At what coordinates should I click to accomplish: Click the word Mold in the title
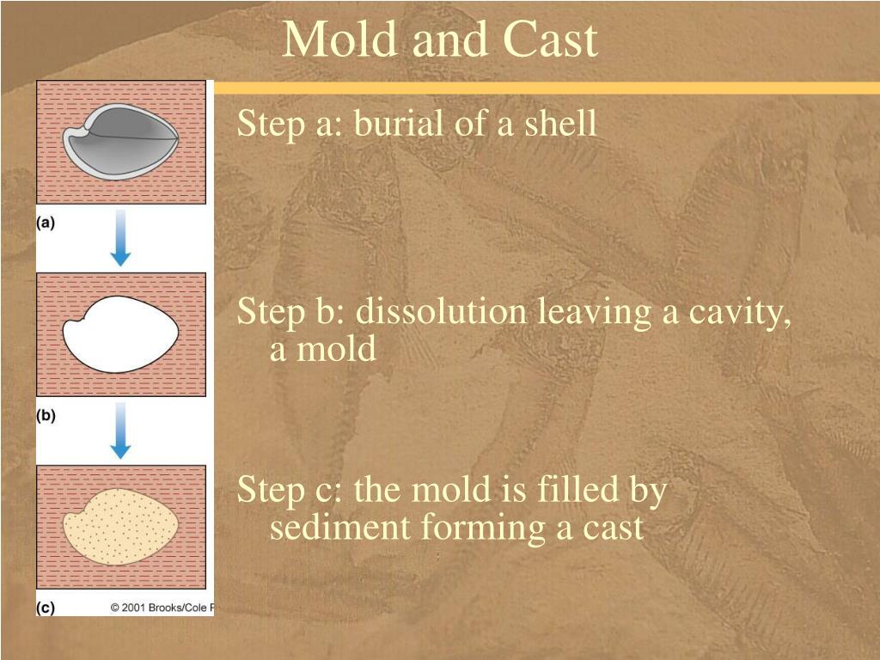340,39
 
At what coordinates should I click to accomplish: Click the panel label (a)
46,223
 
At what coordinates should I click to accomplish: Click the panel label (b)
46,415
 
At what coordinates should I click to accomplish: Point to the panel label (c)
46,608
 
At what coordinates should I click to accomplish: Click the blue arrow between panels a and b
120,238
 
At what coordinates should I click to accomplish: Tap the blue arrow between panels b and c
120,431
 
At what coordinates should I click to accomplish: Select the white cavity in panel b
120,334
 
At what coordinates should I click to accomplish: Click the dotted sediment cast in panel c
120,527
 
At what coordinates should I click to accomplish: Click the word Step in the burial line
271,124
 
